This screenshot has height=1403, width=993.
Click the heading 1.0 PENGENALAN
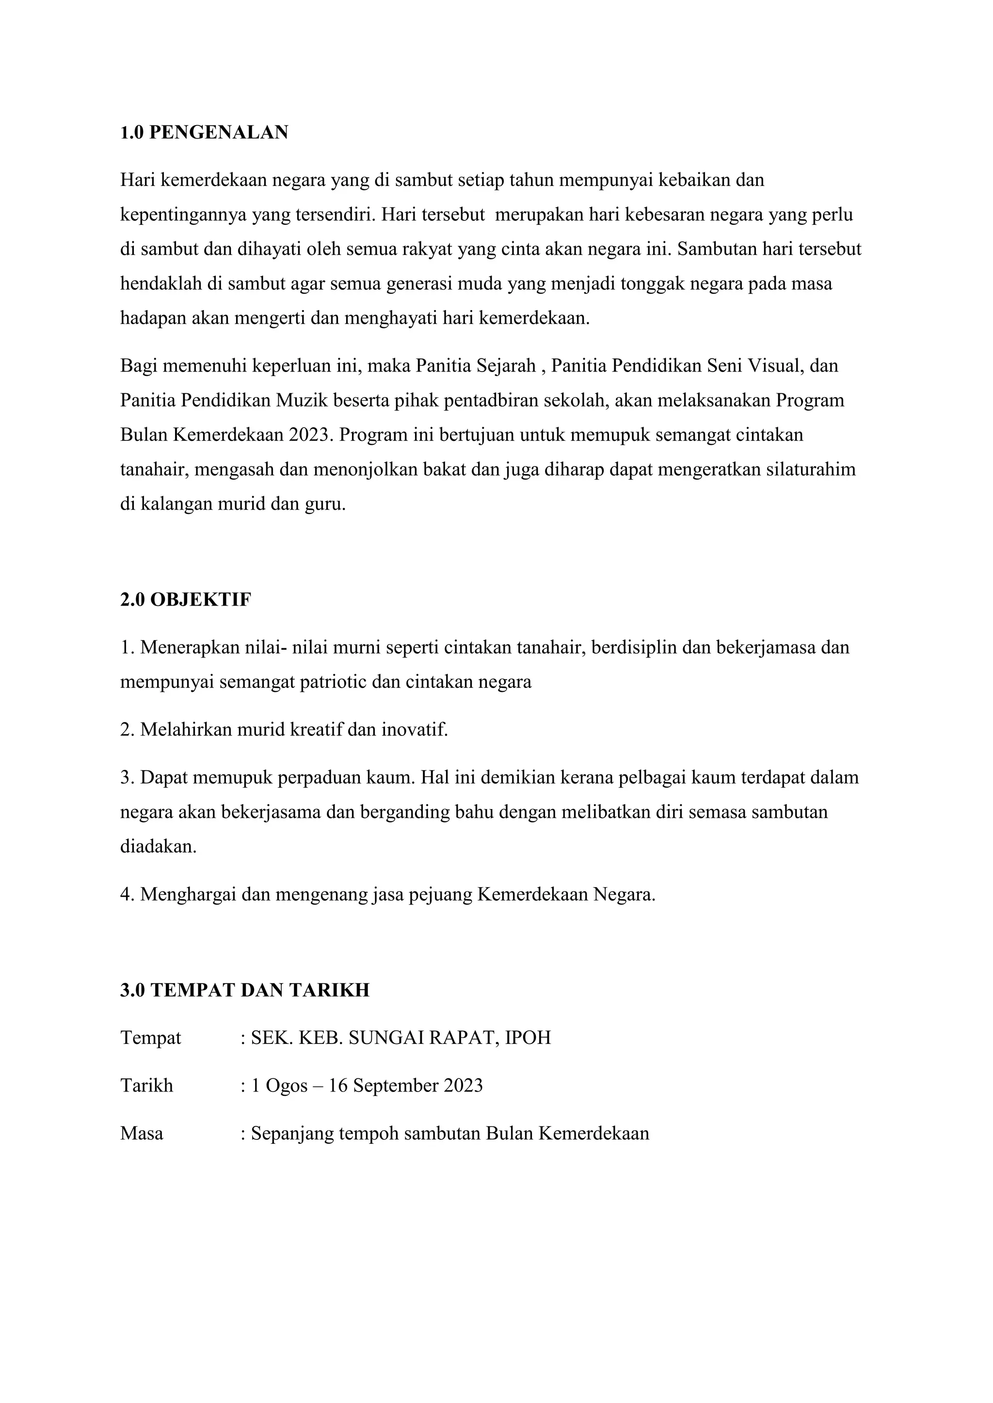click(204, 133)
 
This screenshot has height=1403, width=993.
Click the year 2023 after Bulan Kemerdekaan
click(309, 435)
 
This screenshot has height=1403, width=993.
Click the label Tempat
click(150, 1038)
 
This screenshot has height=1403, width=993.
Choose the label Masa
click(142, 1134)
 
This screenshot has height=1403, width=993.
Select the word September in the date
click(396, 1086)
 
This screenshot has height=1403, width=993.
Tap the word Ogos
click(287, 1086)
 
